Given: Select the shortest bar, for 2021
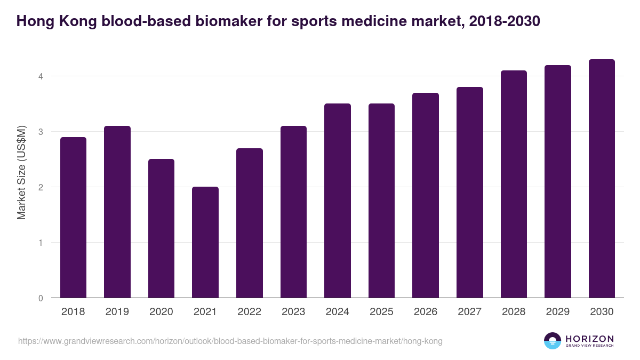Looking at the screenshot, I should (x=205, y=242).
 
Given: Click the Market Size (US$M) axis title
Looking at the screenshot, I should (x=21, y=172).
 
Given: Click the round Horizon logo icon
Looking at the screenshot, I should (x=553, y=341).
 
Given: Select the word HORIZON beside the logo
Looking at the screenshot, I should (x=589, y=339).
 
